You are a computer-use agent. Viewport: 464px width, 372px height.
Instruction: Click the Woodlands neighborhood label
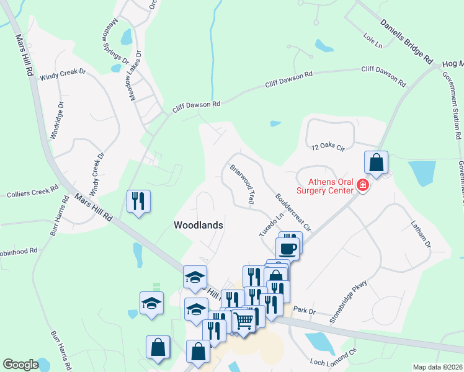[x=199, y=226]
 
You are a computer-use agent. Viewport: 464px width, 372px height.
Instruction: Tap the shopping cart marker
[x=244, y=320]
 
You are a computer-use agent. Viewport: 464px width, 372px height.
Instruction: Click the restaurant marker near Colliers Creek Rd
[x=138, y=201]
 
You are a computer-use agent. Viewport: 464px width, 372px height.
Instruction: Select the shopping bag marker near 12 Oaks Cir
[x=376, y=162]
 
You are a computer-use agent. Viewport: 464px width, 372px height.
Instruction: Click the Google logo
[x=20, y=365]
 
